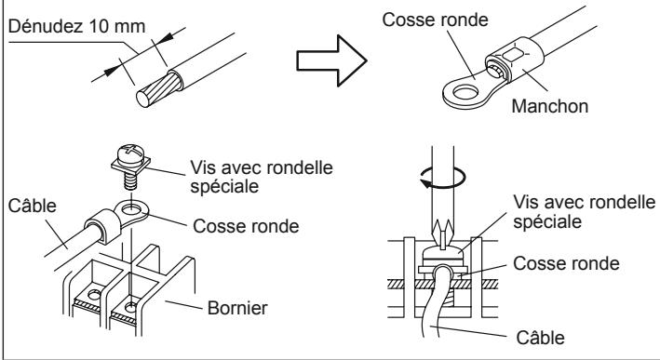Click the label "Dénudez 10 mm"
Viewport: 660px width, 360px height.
point(76,26)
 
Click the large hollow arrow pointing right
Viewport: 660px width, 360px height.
point(331,61)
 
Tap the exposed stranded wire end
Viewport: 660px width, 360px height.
point(159,89)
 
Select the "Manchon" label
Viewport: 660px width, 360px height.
point(550,106)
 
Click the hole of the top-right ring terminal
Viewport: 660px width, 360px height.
point(466,92)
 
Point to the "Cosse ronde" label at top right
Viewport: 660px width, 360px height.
point(436,20)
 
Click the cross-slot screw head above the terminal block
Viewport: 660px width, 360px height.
point(130,155)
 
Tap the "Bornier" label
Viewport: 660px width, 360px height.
point(237,308)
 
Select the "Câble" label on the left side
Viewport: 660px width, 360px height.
point(32,207)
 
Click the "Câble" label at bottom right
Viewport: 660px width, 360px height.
point(541,338)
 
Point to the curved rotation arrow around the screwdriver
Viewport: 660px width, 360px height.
point(443,178)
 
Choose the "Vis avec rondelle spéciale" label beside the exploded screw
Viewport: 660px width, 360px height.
point(262,177)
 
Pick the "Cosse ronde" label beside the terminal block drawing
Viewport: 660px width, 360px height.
point(246,226)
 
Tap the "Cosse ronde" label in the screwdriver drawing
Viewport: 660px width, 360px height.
point(566,263)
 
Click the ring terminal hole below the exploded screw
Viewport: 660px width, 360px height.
point(132,208)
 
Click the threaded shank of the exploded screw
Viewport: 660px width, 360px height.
point(131,181)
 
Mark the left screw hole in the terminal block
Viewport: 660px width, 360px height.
point(94,294)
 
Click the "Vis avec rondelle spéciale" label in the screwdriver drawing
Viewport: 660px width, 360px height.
point(585,212)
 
